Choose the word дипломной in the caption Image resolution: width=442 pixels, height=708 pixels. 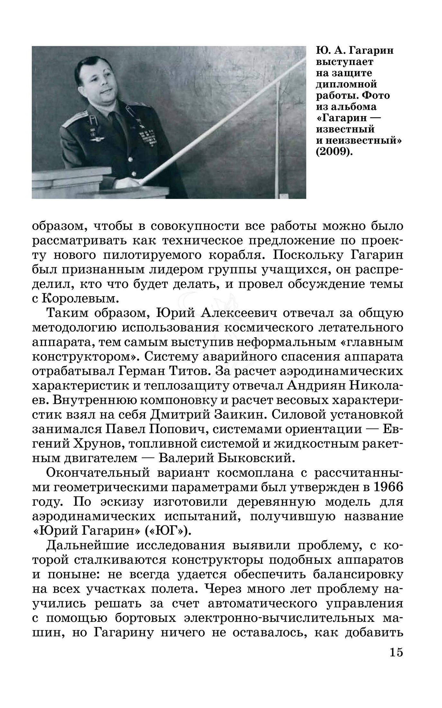[x=347, y=84]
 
